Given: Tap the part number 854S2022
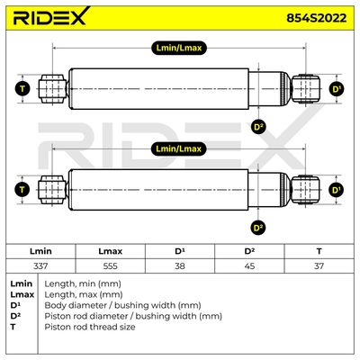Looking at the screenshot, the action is click(x=316, y=18).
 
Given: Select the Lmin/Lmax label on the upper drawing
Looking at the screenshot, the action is click(x=179, y=48).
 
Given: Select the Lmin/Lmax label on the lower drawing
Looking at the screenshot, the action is click(x=179, y=148).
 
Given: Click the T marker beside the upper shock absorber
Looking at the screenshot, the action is click(x=22, y=89).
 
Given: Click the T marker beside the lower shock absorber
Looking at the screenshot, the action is click(x=22, y=190).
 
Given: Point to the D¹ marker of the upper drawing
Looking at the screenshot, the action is click(x=337, y=89).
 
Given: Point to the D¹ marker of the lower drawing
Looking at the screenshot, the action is click(x=337, y=190).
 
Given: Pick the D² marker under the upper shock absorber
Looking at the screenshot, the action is click(x=258, y=127).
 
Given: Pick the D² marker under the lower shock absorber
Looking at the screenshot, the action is click(x=258, y=228).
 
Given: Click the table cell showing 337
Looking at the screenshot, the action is click(x=40, y=265).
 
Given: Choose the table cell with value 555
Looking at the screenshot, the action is click(x=110, y=265).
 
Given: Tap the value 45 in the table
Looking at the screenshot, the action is click(x=249, y=265).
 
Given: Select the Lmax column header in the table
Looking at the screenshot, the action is click(x=110, y=251).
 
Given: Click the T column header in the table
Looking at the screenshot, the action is click(x=319, y=251).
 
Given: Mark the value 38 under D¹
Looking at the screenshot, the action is click(x=180, y=265).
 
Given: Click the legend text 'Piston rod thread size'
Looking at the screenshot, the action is click(x=90, y=327).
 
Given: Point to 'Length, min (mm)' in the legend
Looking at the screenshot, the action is click(x=83, y=283).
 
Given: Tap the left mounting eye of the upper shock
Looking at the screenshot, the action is click(x=52, y=89).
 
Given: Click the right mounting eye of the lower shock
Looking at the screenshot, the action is click(x=306, y=190).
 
